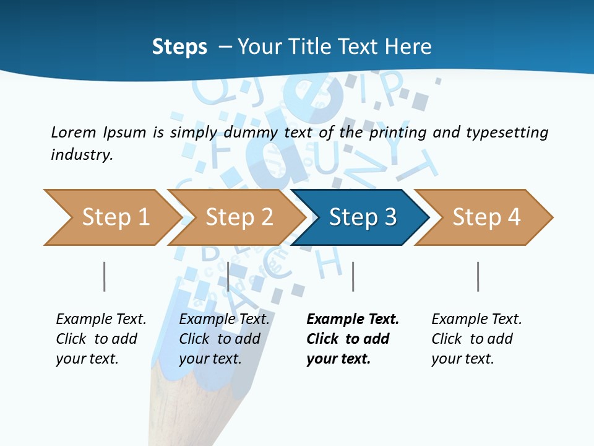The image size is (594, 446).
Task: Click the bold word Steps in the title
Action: tap(179, 47)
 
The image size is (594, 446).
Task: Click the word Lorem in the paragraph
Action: tap(74, 132)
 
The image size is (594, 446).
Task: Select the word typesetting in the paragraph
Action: tap(507, 132)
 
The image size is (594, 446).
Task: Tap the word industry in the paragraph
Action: tap(82, 154)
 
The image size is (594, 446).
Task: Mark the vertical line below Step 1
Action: tap(105, 276)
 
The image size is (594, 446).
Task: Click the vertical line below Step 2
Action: tap(228, 276)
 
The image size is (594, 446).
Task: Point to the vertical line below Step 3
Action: tap(353, 276)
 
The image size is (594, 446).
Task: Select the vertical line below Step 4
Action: tap(478, 276)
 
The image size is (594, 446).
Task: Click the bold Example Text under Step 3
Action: tap(353, 319)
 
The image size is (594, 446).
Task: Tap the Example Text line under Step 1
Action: tap(101, 319)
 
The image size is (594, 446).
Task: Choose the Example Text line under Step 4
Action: tap(476, 319)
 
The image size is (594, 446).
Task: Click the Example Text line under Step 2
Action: tap(224, 319)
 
